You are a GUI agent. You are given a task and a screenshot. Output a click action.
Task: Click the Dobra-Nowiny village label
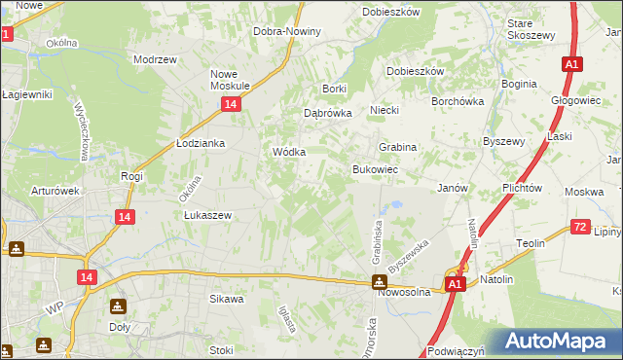click(x=287, y=31)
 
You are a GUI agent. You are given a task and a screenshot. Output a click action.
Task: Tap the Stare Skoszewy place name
click(x=531, y=28)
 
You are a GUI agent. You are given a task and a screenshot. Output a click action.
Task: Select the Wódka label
click(x=289, y=153)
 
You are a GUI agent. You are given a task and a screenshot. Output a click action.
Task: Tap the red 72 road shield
click(x=580, y=227)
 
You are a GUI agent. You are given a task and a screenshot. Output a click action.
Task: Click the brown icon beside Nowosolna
click(x=379, y=283)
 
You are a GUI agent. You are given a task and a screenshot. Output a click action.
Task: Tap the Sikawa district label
click(x=226, y=300)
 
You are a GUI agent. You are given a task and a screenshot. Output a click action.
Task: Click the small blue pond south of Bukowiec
click(x=396, y=206)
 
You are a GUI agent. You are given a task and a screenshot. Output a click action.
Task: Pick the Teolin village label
click(x=530, y=243)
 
